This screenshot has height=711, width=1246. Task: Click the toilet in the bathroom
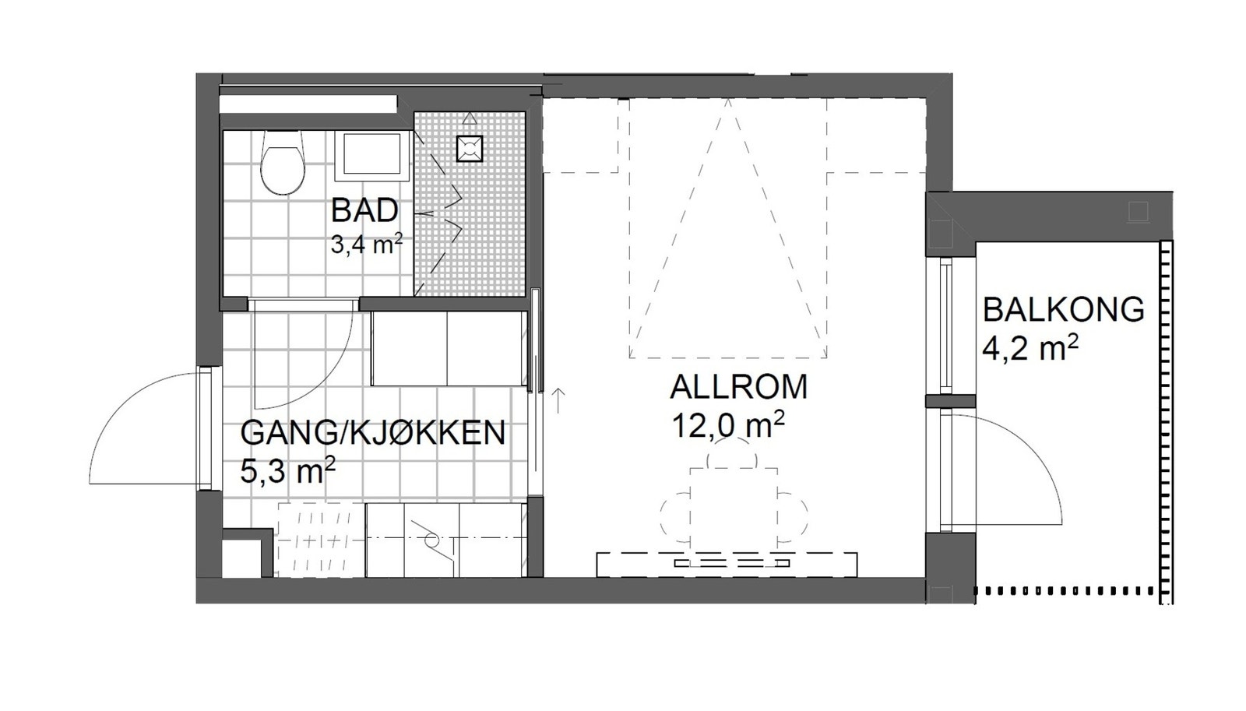click(x=282, y=164)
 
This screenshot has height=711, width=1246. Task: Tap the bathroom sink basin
click(x=372, y=154)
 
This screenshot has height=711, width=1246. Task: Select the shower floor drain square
click(x=469, y=149)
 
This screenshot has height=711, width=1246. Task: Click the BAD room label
click(x=364, y=210)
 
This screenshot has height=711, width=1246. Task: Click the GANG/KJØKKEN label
click(x=372, y=433)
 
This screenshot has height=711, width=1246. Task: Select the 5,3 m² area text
click(x=287, y=470)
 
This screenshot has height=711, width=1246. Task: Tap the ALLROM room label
click(x=738, y=387)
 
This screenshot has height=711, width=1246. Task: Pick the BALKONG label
click(x=1063, y=310)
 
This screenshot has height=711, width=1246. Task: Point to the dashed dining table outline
click(x=734, y=506)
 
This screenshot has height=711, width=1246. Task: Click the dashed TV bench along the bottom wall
click(x=727, y=564)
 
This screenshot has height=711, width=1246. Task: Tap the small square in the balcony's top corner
click(x=1138, y=211)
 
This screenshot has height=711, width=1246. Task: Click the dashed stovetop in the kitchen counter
click(x=320, y=539)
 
